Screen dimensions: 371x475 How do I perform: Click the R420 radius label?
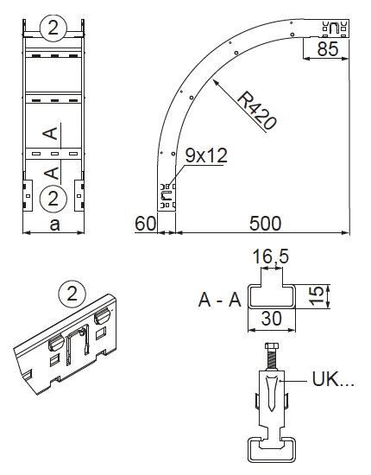tap(257, 111)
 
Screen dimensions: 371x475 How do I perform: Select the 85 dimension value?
tap(328, 48)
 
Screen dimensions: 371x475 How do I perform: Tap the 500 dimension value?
tap(266, 224)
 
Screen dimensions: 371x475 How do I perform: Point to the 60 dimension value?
tap(145, 224)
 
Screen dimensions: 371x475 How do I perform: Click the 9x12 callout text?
tap(206, 155)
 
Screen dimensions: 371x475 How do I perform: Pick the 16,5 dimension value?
tap(271, 256)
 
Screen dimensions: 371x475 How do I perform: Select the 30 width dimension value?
tap(272, 319)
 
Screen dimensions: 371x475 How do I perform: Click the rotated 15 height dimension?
tap(317, 296)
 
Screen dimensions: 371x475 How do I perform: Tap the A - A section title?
tap(220, 300)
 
